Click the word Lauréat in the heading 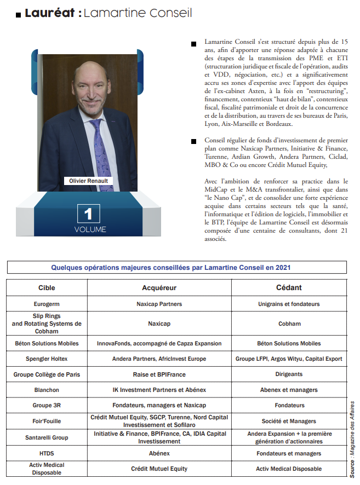point(50,13)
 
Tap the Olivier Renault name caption point(88,181)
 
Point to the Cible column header point(47,287)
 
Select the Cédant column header point(289,287)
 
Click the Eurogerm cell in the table point(47,304)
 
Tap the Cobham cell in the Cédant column point(289,324)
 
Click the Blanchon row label point(47,390)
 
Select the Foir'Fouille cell point(47,421)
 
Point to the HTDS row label point(47,453)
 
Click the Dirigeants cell point(289,374)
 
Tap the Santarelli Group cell point(47,437)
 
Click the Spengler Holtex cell point(47,359)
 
